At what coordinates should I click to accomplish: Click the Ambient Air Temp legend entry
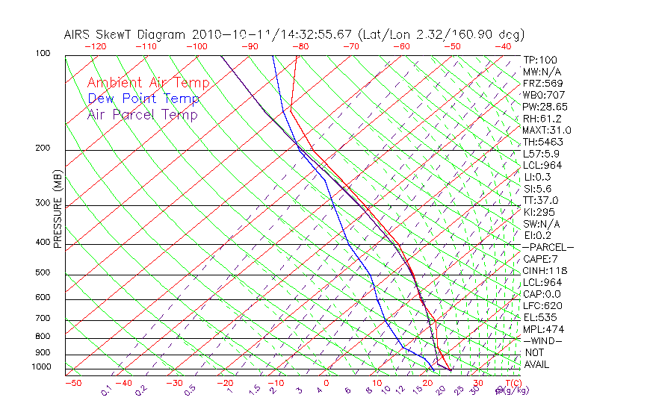(148, 83)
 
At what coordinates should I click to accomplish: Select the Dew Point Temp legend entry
(143, 99)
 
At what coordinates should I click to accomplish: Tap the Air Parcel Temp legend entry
(142, 114)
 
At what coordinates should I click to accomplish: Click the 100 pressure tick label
(42, 54)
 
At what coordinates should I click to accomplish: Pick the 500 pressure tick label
(42, 273)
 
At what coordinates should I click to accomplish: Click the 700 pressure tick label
(42, 319)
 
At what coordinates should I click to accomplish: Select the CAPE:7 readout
(542, 258)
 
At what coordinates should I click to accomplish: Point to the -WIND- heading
(543, 340)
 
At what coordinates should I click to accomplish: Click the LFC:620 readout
(542, 305)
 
